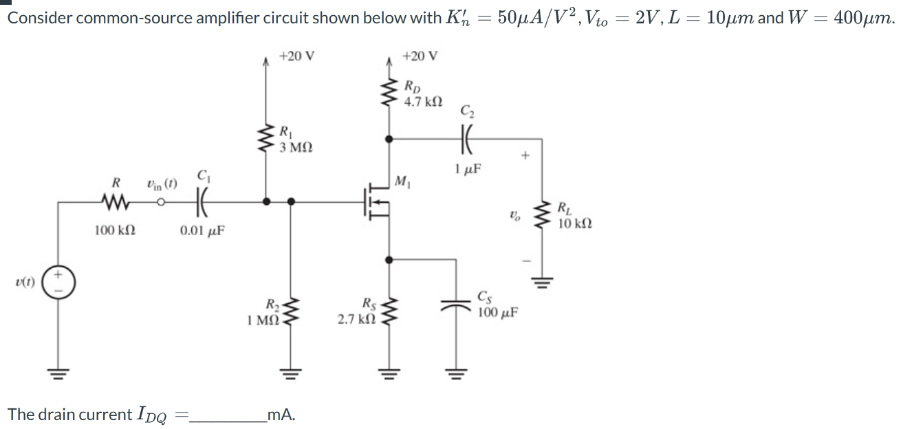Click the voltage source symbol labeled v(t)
(x=58, y=282)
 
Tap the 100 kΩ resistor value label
(x=116, y=230)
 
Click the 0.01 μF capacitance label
(x=202, y=231)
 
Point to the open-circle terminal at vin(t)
(x=161, y=202)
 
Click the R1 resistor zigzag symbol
(x=266, y=138)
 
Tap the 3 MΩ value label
(x=296, y=147)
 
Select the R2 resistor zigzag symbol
(x=290, y=312)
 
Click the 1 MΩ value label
(x=263, y=320)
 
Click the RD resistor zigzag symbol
(x=389, y=92)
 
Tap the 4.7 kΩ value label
(x=423, y=102)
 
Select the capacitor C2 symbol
(x=466, y=139)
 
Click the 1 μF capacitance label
(x=468, y=168)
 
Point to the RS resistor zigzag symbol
(x=389, y=312)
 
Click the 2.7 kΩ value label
(x=356, y=319)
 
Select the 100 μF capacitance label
(x=498, y=313)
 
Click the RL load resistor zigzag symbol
(x=542, y=216)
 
